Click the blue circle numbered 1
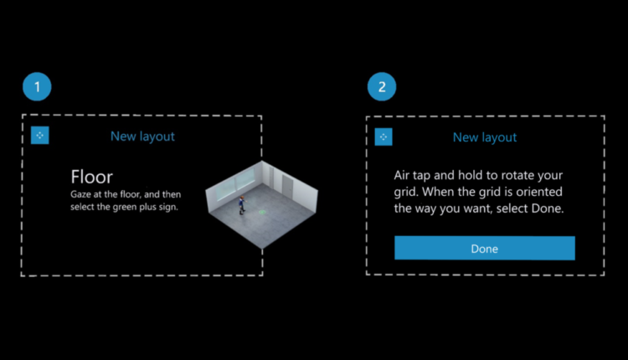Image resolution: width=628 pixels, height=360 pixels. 37,86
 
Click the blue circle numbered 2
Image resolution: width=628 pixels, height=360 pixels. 382,86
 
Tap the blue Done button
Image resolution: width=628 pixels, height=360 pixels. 485,248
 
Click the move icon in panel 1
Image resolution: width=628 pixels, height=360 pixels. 40,136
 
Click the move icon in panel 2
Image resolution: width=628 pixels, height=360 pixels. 383,137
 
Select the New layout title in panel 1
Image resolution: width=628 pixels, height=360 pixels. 142,136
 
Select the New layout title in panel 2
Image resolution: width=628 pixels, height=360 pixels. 485,138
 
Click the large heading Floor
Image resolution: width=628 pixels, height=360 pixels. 92,177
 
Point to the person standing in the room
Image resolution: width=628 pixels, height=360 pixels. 241,204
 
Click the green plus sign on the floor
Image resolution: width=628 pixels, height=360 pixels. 262,212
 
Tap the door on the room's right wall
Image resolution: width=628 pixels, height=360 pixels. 286,185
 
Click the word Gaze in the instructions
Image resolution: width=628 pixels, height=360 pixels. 80,195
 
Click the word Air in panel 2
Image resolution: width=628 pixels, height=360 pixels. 401,175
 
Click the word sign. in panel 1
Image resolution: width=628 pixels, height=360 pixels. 168,208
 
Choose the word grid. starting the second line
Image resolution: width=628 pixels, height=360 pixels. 406,193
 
